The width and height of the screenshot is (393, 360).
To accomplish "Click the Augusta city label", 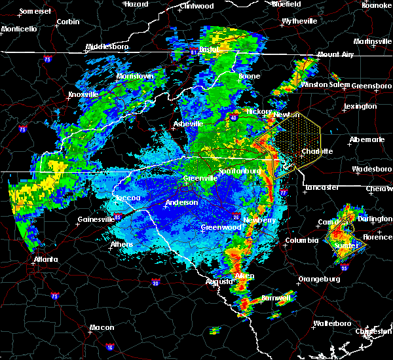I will coord(218,281).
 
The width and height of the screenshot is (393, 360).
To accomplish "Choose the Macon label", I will coord(102,327).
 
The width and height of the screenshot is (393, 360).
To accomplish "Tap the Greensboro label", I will coord(372,86).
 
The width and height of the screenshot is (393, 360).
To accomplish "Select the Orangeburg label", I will coord(319,279).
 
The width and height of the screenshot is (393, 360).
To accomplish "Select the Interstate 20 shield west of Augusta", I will coord(155,283).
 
